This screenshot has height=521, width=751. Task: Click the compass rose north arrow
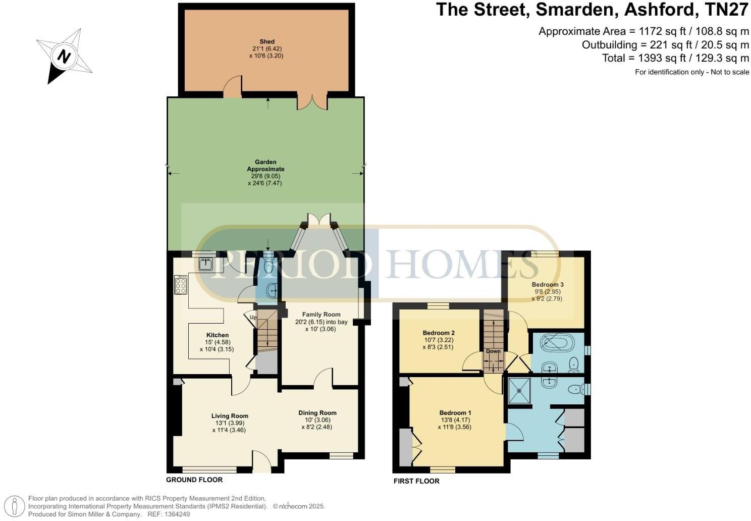[x=64, y=56]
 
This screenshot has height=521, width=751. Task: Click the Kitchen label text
[x=217, y=335]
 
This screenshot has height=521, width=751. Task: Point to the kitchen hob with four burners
[x=180, y=285]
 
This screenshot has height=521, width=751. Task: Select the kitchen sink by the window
[x=206, y=264]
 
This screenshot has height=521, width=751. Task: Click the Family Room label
[x=321, y=315]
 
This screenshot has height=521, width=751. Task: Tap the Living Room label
[x=230, y=416]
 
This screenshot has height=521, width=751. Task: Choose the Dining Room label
[x=317, y=412]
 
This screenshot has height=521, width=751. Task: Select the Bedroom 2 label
[x=439, y=333]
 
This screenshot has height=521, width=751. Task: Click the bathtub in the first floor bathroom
[x=555, y=344]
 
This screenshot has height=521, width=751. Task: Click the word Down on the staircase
[x=493, y=351]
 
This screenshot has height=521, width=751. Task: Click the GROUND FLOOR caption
[x=194, y=480]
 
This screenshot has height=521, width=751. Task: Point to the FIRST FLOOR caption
[x=416, y=481]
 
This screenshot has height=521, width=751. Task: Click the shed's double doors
[x=312, y=102]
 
